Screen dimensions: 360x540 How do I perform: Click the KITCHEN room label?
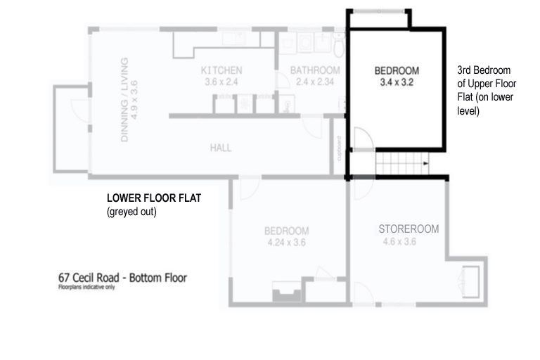[x=221, y=70]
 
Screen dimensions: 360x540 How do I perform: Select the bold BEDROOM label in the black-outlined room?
[x=397, y=70]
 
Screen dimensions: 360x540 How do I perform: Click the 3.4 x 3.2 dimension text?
[x=397, y=82]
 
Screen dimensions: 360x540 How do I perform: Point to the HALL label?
[x=220, y=148]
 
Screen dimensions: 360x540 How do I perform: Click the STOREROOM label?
[x=409, y=229]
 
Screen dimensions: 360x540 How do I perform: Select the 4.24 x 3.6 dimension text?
[x=285, y=243]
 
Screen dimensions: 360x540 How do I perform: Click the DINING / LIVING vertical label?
[x=124, y=100]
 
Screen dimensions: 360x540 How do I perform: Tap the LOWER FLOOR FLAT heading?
[x=154, y=199]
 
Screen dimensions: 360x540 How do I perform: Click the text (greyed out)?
[x=131, y=211]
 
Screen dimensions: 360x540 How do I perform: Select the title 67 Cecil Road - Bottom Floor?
[x=122, y=278]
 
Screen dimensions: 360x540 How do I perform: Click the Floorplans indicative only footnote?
[x=86, y=287]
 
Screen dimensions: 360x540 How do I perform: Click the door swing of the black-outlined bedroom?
[x=359, y=140]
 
